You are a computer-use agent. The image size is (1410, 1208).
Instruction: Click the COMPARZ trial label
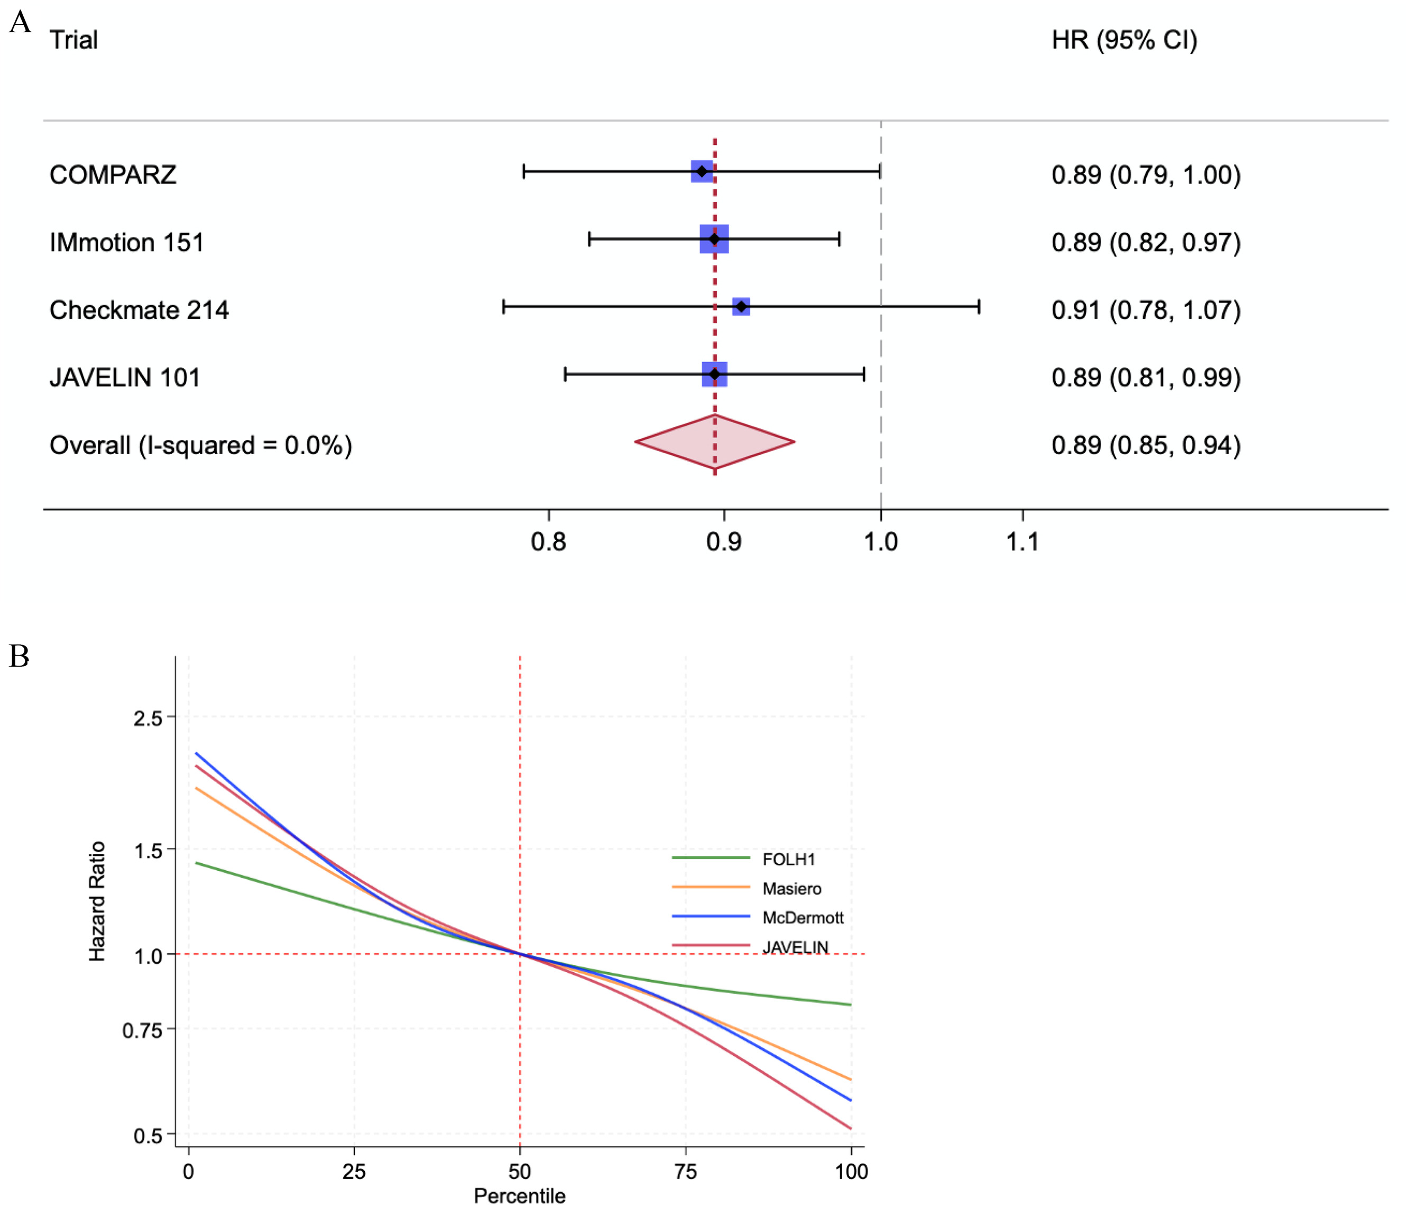coord(113,175)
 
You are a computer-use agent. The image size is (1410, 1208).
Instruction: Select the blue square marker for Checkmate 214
coord(741,307)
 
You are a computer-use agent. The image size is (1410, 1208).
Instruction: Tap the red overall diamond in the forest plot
coord(715,441)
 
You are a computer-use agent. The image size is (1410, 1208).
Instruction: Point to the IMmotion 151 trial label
coord(126,242)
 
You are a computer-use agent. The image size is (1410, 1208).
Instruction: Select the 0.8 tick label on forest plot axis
coord(548,542)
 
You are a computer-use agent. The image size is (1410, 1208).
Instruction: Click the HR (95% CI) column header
coord(1124,40)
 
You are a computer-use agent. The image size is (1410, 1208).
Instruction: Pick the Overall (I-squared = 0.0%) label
coord(201,445)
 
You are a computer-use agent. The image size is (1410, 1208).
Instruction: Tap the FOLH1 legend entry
coord(788,860)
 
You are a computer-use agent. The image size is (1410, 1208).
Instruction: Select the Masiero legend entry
coord(791,889)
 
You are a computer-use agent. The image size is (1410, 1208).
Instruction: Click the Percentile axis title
coord(519,1196)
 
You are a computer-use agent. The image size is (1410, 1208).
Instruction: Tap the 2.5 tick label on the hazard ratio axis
coord(149,718)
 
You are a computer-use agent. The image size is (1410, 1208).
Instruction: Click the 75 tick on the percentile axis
coord(685,1171)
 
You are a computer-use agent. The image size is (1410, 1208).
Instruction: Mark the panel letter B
coord(19,657)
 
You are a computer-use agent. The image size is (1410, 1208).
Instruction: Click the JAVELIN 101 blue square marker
coord(715,374)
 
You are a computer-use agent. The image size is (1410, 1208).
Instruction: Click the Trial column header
coord(73,40)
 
